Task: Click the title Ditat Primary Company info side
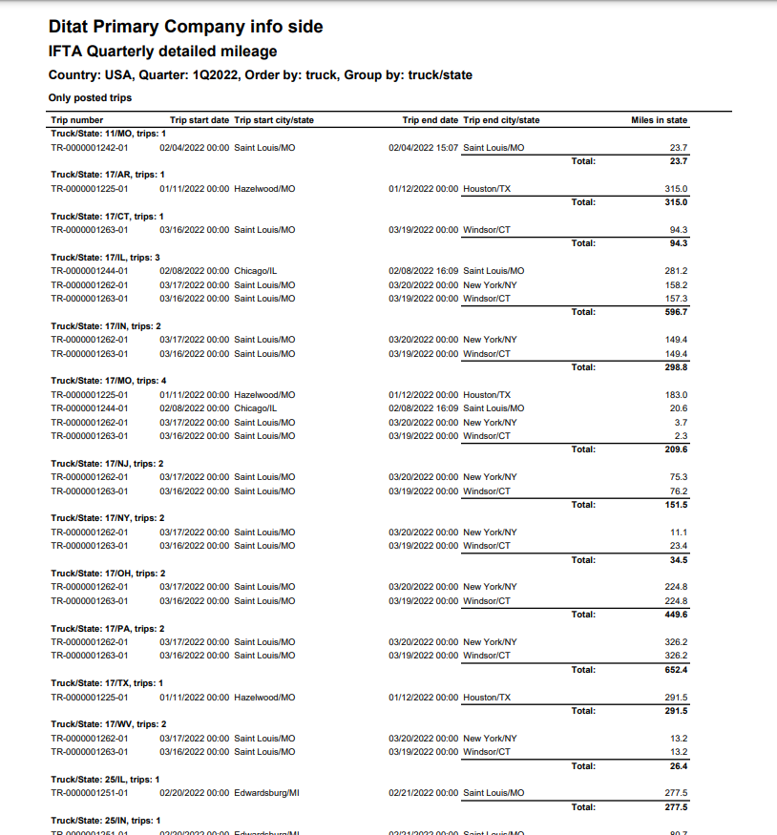(185, 27)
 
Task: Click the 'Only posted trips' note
(90, 97)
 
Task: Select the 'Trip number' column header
(76, 120)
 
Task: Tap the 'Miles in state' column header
(659, 120)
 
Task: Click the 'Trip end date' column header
(430, 120)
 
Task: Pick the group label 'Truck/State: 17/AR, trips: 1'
(108, 175)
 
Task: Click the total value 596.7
(676, 312)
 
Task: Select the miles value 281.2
(676, 271)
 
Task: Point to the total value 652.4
(676, 670)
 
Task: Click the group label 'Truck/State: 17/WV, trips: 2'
(109, 724)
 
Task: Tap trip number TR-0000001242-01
(90, 148)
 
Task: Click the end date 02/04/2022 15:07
(423, 148)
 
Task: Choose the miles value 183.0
(676, 395)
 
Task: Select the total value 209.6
(676, 449)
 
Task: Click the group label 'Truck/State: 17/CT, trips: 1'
(108, 217)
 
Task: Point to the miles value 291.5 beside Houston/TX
(676, 698)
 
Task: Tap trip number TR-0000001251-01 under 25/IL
(90, 793)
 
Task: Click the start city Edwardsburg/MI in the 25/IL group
(264, 793)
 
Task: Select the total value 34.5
(678, 560)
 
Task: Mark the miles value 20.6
(678, 408)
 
